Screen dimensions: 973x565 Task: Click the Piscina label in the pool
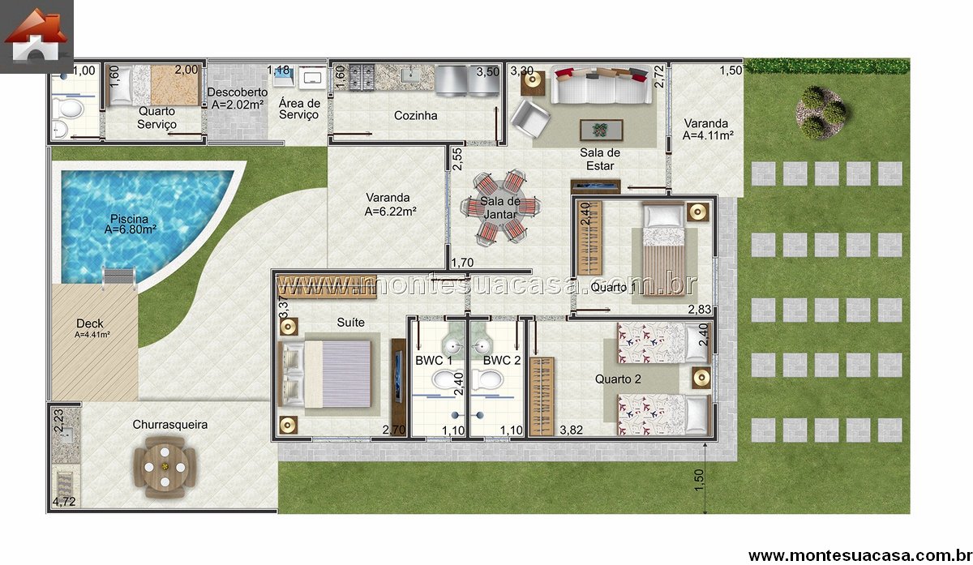[130, 224]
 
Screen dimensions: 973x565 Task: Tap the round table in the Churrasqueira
[165, 467]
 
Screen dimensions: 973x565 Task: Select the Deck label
[90, 327]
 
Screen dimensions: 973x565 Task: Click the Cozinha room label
[415, 116]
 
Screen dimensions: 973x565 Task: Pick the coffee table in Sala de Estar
[601, 130]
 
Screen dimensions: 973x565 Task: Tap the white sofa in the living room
[601, 85]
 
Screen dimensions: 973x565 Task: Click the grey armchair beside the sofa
[530, 118]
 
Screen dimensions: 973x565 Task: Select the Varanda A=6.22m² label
[390, 204]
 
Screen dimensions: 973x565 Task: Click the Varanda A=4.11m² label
[708, 130]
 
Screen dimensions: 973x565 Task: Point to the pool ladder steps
[119, 278]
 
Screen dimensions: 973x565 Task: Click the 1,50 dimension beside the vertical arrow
[699, 481]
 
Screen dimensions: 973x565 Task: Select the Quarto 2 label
[618, 379]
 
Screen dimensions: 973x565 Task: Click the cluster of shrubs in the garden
[821, 113]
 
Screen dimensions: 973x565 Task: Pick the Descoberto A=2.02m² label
[238, 98]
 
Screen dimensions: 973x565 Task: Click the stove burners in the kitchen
[362, 77]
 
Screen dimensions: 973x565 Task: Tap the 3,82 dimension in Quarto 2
[571, 430]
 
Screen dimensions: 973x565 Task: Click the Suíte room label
[350, 323]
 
